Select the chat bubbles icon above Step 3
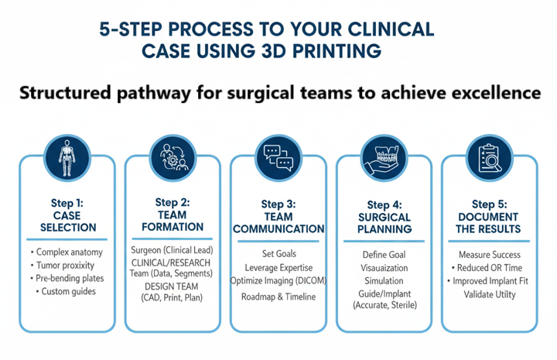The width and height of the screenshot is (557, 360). click(278, 156)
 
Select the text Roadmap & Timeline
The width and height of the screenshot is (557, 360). click(278, 297)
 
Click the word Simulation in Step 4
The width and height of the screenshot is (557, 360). click(384, 281)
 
